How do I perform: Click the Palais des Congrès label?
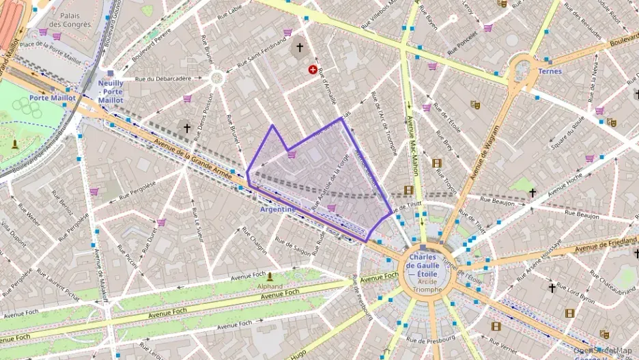pyautogui.click(x=74, y=20)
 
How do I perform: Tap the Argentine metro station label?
pyautogui.click(x=278, y=209)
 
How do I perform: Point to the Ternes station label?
pyautogui.click(x=550, y=71)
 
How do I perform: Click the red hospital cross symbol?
pyautogui.click(x=313, y=69)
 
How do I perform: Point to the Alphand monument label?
pyautogui.click(x=271, y=287)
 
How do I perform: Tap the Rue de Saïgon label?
pyautogui.click(x=292, y=244)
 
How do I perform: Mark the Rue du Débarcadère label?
pyautogui.click(x=163, y=79)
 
